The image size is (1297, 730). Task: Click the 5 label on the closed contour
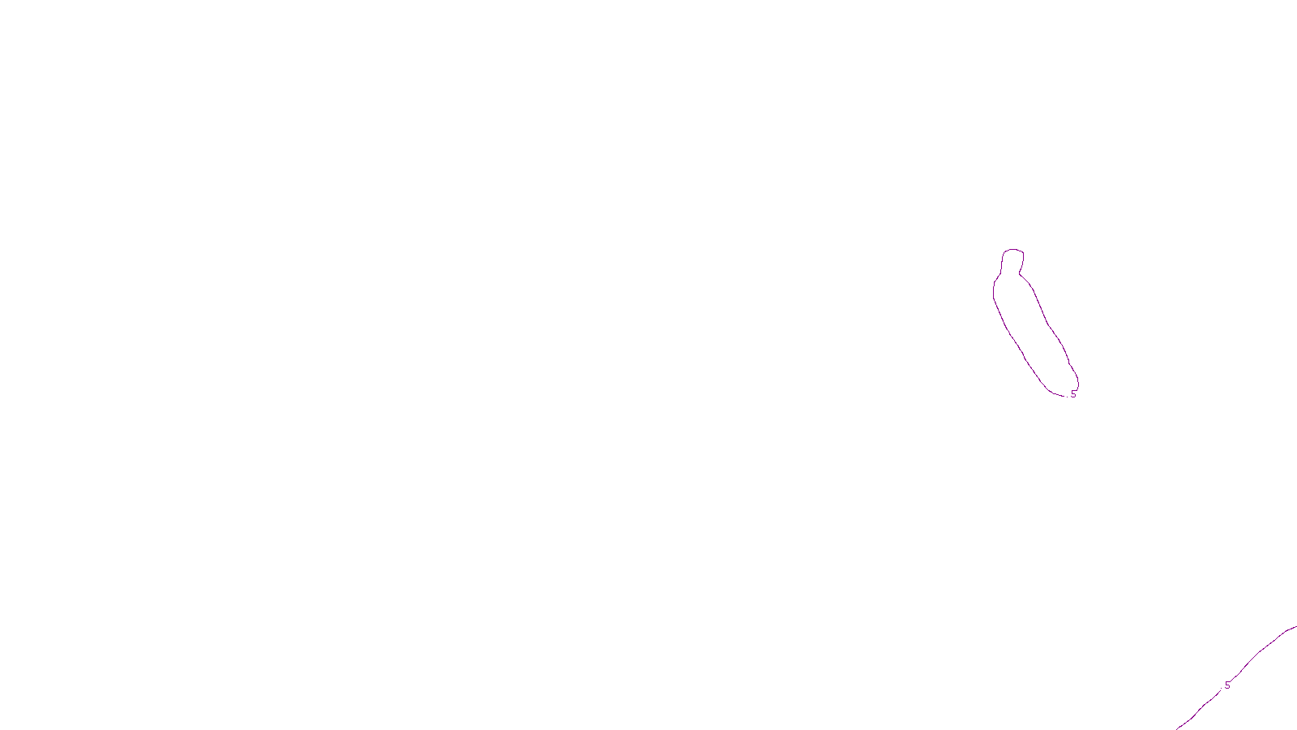coord(1073,394)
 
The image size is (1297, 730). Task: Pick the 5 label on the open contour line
coord(1227,685)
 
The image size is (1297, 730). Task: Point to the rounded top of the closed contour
coord(1013,250)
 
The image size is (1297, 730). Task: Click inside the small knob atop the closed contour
coord(1013,261)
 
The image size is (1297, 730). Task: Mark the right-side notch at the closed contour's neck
coord(1021,273)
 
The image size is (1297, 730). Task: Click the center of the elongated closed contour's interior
coord(1034,333)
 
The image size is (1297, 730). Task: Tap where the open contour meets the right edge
coord(1295,626)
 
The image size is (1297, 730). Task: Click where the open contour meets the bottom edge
coord(1177,728)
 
